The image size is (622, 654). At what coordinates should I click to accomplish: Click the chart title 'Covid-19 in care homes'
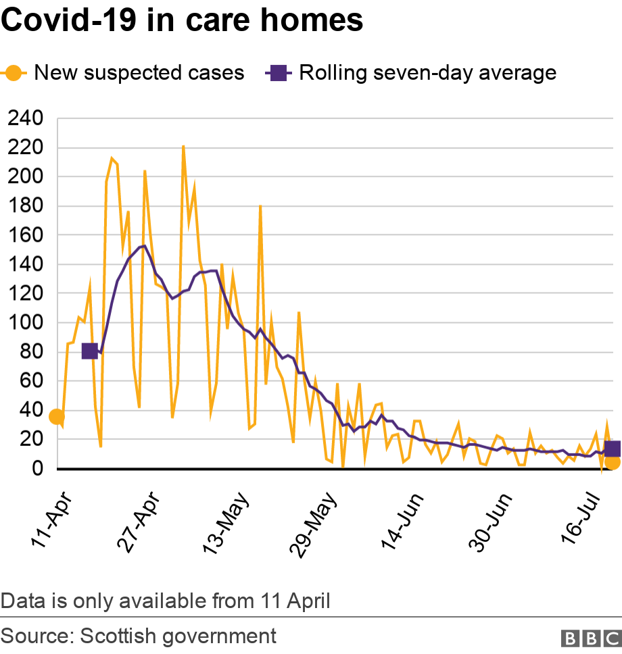(x=183, y=21)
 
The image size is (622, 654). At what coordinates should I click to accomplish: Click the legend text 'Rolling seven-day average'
(x=427, y=72)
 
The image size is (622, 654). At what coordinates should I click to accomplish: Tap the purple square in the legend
(x=278, y=72)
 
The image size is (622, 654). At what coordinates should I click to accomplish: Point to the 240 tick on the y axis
(x=25, y=119)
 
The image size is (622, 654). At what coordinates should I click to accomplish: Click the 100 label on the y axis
(x=25, y=323)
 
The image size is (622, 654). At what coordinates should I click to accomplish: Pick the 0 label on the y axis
(x=37, y=468)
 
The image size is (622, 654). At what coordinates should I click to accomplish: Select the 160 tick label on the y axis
(x=25, y=235)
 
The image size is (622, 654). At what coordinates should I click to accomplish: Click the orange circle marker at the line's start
(x=57, y=417)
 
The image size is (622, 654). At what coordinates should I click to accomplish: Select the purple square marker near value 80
(x=89, y=351)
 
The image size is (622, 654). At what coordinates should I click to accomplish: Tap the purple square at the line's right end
(x=613, y=449)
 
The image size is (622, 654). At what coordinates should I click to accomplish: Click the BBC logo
(x=590, y=638)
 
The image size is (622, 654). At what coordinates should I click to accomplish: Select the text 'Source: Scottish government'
(x=139, y=636)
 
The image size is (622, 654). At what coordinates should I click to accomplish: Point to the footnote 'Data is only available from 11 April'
(x=166, y=600)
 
